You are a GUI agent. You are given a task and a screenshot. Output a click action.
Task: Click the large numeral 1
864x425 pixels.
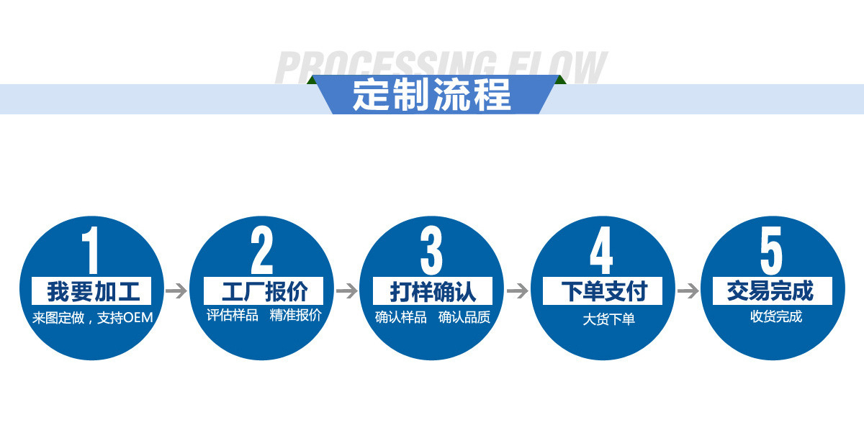[90, 251]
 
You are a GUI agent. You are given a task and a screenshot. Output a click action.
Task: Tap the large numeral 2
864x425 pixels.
[261, 251]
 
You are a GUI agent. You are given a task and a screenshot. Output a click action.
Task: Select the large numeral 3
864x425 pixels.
[431, 251]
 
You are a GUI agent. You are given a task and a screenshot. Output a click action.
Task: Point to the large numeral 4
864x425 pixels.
[601, 251]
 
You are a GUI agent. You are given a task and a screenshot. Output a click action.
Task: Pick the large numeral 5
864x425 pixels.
[771, 251]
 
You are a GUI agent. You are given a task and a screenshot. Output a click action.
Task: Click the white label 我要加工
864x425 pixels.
[91, 291]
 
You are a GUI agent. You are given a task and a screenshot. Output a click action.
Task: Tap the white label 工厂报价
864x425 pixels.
[264, 291]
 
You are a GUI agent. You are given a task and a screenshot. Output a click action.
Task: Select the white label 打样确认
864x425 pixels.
[433, 291]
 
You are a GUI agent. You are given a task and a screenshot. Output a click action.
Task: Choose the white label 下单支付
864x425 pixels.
[603, 291]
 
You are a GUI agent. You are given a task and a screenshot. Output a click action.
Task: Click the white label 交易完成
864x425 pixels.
[772, 291]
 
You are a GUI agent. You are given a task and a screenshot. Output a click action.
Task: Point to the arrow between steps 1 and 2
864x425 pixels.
[176, 291]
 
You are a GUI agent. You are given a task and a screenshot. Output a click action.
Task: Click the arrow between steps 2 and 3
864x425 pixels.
[346, 291]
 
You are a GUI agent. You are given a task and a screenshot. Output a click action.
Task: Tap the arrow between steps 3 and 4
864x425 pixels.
[517, 291]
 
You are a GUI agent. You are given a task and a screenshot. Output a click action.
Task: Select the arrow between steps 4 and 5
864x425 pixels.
[688, 291]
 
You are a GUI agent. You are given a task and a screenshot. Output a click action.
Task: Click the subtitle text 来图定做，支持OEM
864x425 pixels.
[92, 317]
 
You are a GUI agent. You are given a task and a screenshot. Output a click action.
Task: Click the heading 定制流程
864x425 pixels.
[432, 94]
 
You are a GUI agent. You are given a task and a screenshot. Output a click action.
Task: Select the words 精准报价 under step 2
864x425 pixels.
[295, 315]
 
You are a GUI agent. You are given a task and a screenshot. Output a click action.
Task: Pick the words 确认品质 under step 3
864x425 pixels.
[464, 317]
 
